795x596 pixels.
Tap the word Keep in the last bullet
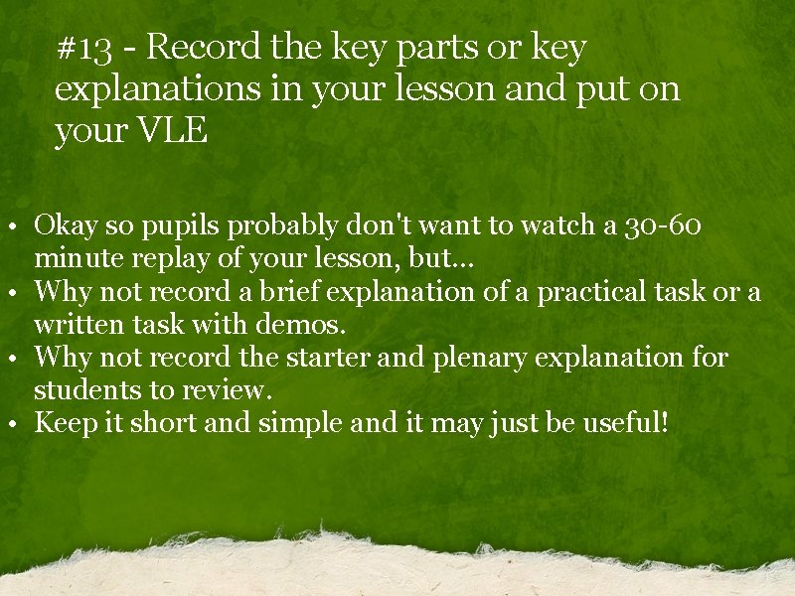pos(63,424)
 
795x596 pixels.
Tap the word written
pos(78,325)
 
